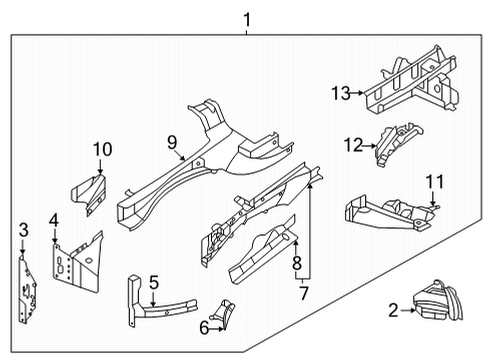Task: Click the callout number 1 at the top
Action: [247, 18]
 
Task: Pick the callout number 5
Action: [153, 283]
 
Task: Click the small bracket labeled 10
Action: [90, 192]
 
